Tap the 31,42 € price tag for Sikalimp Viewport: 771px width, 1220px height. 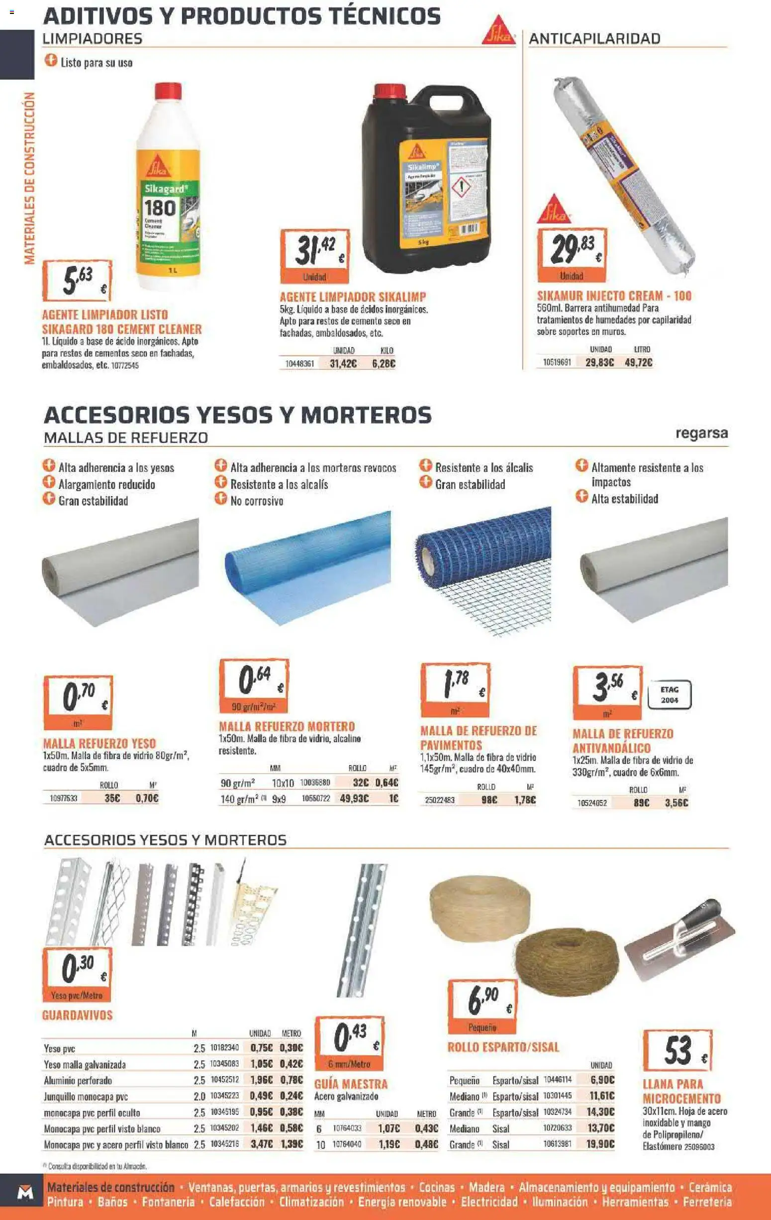click(314, 255)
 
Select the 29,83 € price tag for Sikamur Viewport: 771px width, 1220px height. click(572, 255)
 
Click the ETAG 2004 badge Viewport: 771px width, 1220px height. click(669, 694)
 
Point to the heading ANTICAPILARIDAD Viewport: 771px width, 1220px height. click(594, 38)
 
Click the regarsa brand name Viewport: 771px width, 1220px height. click(702, 433)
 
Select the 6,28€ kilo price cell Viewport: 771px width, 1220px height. click(383, 364)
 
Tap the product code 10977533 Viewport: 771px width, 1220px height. click(63, 798)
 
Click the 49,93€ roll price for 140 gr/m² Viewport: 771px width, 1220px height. click(354, 798)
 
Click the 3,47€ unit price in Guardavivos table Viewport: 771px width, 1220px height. click(261, 1144)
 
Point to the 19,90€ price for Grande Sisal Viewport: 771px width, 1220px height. click(600, 1144)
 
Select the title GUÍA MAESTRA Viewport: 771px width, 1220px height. click(351, 1084)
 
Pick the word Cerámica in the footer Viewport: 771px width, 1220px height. click(710, 1187)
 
